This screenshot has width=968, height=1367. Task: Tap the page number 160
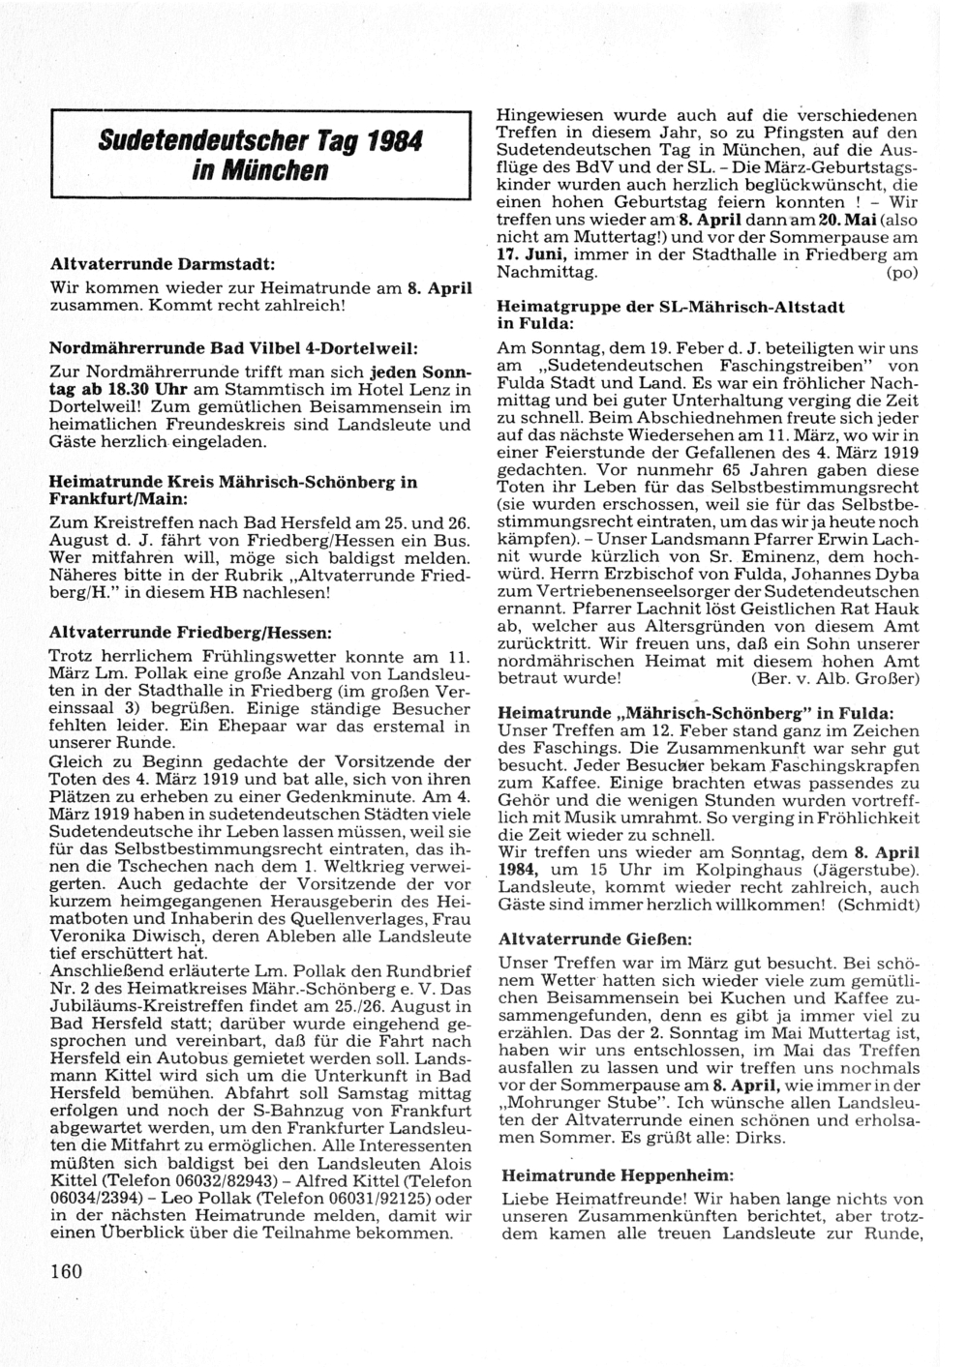[68, 1270]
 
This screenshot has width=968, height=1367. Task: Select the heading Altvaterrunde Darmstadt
[163, 263]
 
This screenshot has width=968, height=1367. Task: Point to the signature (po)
[900, 274]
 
